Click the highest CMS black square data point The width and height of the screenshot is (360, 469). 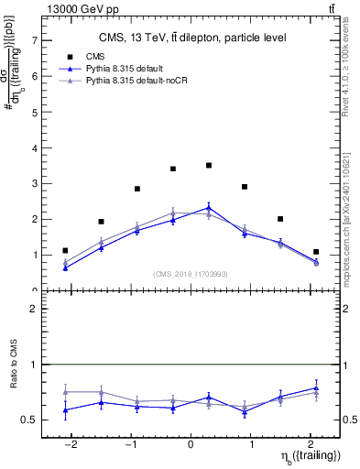[209, 166]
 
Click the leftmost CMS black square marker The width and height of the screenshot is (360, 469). [65, 250]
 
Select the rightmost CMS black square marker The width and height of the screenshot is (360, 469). [316, 252]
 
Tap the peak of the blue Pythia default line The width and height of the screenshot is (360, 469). [209, 207]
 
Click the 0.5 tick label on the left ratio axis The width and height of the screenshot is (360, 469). [27, 420]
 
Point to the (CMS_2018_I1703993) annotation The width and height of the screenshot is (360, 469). [190, 273]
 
